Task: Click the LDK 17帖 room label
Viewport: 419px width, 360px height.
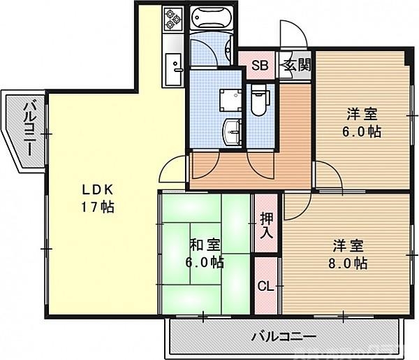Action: pos(97,199)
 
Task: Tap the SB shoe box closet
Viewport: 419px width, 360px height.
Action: pos(259,67)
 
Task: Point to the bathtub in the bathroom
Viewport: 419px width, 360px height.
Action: pos(210,19)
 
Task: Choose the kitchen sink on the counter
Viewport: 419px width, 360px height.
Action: pos(174,67)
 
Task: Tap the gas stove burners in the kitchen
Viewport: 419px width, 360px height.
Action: pos(172,21)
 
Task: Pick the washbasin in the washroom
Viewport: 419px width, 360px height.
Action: pos(232,130)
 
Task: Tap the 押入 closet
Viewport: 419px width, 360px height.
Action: pos(267,224)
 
